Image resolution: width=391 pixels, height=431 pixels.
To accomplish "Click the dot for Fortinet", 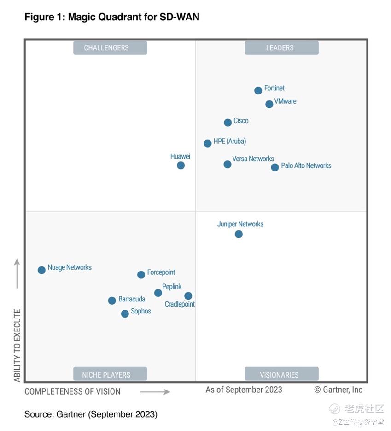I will coord(258,90).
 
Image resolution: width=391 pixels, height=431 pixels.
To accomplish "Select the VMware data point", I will coord(269,104).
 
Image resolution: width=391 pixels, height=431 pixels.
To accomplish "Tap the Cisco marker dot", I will coord(228,123).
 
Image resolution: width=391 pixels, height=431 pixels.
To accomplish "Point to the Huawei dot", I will coord(181,165).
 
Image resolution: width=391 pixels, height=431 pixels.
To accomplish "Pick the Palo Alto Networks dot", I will coord(275,167).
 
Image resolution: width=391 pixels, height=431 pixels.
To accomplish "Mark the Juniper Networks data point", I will coord(239,234).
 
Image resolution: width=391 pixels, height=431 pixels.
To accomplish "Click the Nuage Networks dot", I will coord(41,270).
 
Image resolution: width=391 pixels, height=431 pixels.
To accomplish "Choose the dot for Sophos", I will coord(125,314).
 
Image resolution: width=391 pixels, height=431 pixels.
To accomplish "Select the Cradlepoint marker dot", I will coord(188,296).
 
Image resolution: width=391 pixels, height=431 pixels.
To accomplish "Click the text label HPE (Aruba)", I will coord(230,142).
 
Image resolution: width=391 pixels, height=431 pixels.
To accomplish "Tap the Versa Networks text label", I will coord(253,159).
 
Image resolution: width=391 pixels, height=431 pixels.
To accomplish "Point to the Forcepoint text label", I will coord(161,272).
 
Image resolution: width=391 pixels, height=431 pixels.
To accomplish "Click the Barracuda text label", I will coord(132,299).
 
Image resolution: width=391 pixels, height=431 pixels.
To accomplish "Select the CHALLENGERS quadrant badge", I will coord(110,48).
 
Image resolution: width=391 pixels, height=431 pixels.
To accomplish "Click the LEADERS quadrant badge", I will coord(281,48).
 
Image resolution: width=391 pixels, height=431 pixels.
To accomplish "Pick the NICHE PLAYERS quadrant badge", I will coord(110,374).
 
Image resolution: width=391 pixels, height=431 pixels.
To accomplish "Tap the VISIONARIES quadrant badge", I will coord(281,374).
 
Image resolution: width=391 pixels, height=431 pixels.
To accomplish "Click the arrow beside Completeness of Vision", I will coord(155,392).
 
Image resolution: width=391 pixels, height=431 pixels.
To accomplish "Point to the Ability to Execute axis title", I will coord(17,346).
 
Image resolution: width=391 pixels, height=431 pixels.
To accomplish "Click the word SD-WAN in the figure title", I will coord(179,17).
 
